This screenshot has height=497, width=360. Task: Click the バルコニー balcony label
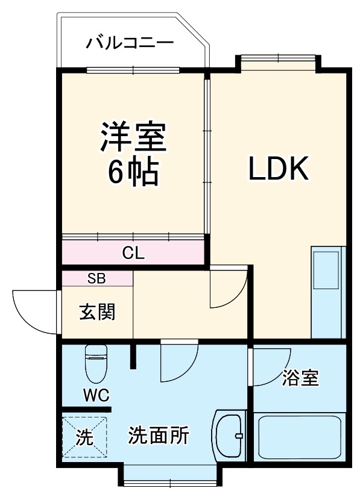[130, 43]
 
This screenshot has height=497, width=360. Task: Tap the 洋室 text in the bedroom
[133, 137]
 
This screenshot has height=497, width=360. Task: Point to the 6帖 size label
[133, 173]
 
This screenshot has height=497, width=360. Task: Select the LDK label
[279, 169]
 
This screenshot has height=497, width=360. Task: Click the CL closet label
[133, 253]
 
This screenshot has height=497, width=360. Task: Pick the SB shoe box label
[96, 278]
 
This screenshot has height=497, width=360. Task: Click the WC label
[95, 395]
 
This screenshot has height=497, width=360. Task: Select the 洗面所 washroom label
[159, 436]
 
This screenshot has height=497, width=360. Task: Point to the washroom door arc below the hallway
[179, 361]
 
